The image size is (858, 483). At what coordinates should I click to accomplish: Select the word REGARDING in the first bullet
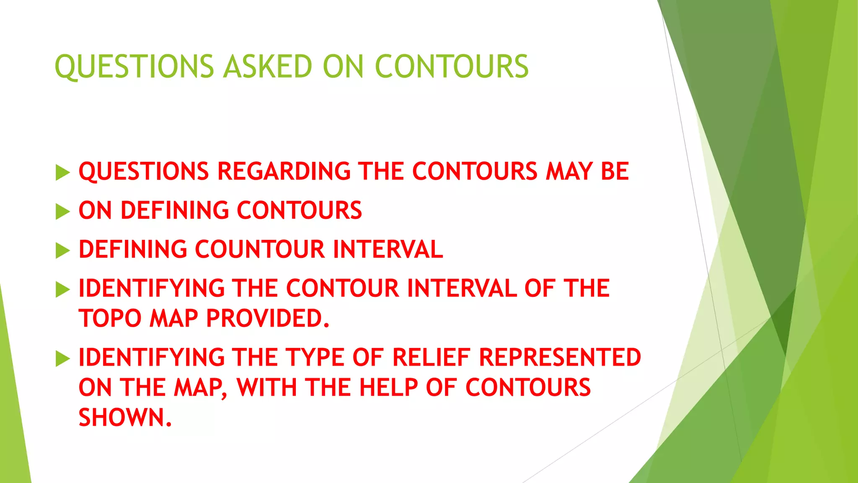point(284,171)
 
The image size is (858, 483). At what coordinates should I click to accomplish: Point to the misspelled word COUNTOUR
point(260,249)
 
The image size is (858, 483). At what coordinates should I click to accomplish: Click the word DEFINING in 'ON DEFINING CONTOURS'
point(175,210)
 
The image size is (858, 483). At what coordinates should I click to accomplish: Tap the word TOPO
point(110,318)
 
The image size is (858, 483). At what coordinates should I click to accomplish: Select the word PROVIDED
point(268,318)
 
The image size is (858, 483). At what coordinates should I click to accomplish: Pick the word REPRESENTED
point(560,357)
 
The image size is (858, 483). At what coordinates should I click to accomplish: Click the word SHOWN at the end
point(125,418)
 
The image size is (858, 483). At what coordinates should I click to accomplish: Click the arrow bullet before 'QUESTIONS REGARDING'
point(62,172)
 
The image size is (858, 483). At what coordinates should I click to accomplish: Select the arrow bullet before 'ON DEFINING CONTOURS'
point(62,211)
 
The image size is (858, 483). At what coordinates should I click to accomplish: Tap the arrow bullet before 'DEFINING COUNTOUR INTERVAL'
point(62,250)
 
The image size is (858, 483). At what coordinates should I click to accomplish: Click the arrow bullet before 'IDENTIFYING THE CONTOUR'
point(62,289)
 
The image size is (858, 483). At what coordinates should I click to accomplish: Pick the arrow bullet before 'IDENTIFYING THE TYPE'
point(62,358)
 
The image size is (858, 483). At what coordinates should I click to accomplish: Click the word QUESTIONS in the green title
point(134,67)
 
